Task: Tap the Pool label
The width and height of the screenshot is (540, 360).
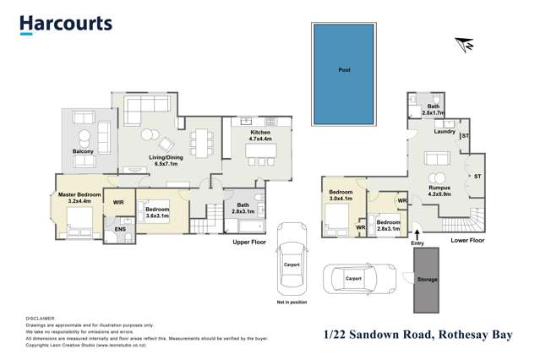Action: (344, 70)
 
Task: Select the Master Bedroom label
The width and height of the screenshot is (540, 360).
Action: (79, 199)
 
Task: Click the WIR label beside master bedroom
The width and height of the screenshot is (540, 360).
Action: (118, 203)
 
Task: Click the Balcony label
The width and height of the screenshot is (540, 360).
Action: (83, 152)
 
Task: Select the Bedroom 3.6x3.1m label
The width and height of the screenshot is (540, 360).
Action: (158, 211)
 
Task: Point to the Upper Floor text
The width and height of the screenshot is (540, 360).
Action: (250, 243)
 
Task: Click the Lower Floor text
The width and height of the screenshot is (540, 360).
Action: (467, 240)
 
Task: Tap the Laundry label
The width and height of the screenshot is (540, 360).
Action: (445, 132)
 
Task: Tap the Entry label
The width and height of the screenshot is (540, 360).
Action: (417, 243)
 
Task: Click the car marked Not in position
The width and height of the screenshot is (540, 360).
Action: (291, 258)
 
